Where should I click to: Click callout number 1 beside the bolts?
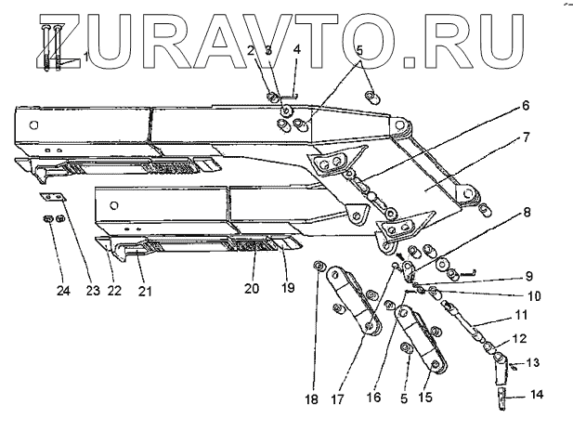tap(86, 58)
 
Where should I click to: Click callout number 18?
tap(311, 399)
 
